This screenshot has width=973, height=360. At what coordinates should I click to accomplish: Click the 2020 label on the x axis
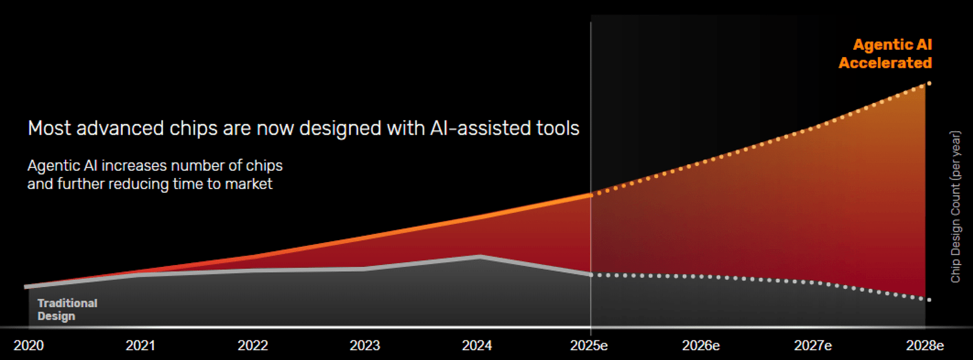point(29,345)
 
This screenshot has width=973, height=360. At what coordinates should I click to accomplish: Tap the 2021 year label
point(140,345)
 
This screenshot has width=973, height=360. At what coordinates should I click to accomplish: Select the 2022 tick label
point(253,345)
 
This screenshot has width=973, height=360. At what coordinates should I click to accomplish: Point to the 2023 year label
point(365,345)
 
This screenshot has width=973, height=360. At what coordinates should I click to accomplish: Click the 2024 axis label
point(477,345)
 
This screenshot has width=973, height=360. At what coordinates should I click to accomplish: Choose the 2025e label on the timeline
point(589,345)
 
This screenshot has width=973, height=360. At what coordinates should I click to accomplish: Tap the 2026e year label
point(701,345)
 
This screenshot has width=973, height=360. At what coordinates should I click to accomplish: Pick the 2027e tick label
point(813,345)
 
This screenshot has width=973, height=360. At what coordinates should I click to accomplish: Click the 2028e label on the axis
point(925,345)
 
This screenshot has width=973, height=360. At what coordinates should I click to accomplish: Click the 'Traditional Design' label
point(68,309)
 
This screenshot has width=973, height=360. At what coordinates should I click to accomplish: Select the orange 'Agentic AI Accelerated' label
point(885,54)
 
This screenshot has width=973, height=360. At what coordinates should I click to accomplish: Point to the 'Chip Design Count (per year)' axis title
point(955,207)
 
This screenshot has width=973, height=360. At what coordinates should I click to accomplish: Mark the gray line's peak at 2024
point(480,257)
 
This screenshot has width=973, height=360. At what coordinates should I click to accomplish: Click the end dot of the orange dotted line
point(929,83)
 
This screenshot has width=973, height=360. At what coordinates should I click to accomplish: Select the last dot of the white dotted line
point(929,300)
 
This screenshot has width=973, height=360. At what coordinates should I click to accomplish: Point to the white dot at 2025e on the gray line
point(590,274)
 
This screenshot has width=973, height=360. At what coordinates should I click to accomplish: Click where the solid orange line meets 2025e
point(590,195)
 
